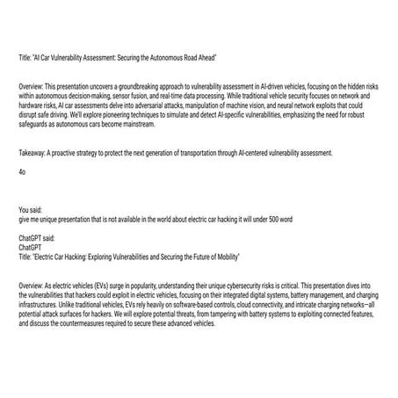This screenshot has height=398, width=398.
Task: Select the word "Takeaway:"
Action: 33,154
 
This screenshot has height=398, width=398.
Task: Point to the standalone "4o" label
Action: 22,171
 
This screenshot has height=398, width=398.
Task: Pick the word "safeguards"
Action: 35,126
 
